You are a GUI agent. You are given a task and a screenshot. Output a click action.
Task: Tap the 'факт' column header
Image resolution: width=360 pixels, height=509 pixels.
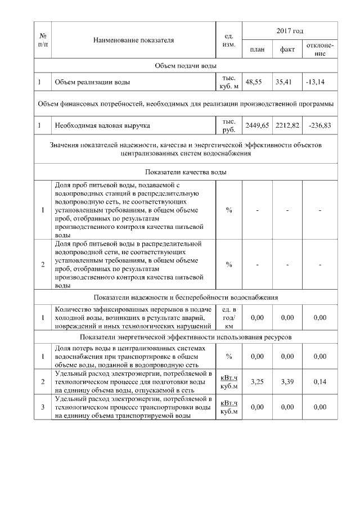click(287, 49)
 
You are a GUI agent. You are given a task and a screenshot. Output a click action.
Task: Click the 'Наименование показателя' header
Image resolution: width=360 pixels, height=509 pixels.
click(133, 40)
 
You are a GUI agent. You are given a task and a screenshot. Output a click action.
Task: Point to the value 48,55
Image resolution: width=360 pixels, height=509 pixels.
click(257, 82)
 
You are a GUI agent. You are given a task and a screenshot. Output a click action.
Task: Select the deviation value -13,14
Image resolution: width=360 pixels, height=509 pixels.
click(315, 82)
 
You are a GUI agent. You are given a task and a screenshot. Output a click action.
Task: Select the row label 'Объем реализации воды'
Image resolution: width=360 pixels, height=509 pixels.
click(92, 82)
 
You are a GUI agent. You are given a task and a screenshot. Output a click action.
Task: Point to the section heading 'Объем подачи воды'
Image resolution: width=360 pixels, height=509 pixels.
click(186, 66)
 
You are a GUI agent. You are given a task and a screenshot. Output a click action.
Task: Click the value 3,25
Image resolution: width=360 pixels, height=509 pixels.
click(257, 381)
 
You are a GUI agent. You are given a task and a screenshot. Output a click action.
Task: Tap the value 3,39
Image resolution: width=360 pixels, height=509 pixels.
click(287, 381)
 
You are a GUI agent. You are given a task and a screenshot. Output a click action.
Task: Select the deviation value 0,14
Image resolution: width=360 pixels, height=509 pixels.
click(319, 381)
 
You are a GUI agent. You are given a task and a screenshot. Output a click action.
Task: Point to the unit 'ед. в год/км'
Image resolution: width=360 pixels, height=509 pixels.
click(229, 318)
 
